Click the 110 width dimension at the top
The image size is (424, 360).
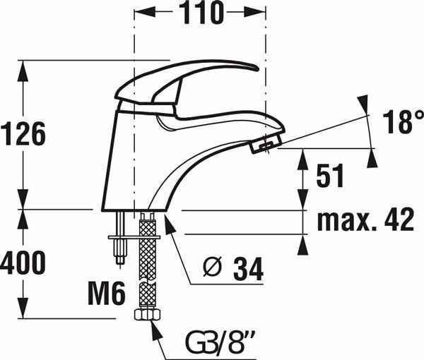(201, 13)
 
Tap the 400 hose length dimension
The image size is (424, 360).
(23, 263)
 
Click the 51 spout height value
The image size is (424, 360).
(330, 176)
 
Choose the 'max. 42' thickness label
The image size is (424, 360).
(365, 220)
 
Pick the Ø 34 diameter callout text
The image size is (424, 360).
(233, 269)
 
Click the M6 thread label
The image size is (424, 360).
(107, 293)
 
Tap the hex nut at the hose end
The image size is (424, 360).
(148, 315)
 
